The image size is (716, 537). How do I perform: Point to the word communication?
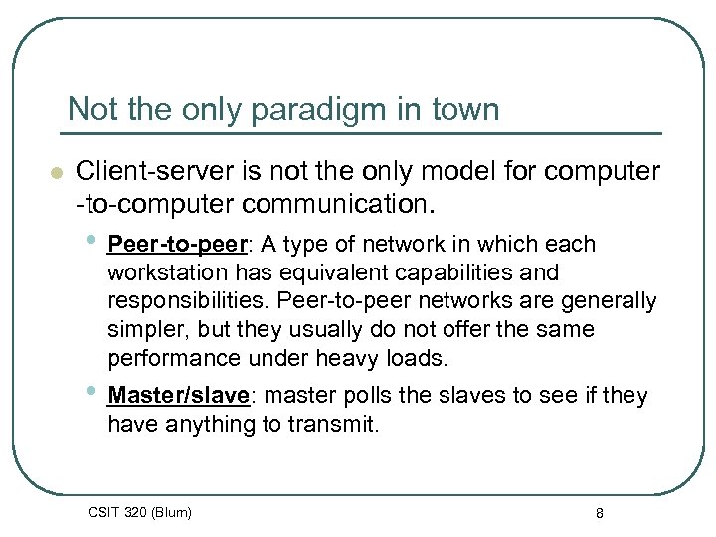point(335,205)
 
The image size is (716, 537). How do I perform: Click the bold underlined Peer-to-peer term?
point(180,245)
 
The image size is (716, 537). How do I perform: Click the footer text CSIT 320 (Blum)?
point(140,513)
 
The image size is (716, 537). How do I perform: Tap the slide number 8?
point(599,513)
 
